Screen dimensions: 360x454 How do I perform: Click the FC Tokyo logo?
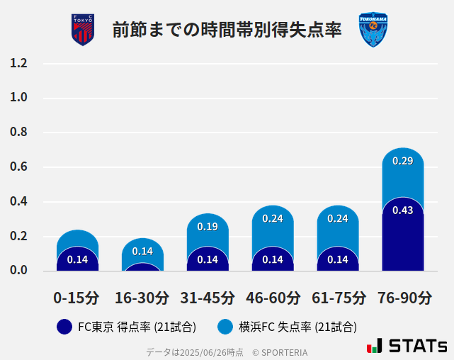(x=83, y=30)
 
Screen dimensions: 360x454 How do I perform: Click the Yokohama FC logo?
(x=373, y=30)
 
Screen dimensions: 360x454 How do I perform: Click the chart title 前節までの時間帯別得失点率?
(x=227, y=30)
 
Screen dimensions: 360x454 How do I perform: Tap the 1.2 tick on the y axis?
(x=18, y=63)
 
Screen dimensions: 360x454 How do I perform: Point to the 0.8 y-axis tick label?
(x=18, y=132)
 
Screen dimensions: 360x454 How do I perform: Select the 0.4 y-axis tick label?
(x=18, y=201)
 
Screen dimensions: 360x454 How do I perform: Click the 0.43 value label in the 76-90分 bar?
(x=402, y=210)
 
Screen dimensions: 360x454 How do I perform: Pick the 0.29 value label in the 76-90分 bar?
(x=402, y=161)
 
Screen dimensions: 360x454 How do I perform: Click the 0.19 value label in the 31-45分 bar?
(x=208, y=227)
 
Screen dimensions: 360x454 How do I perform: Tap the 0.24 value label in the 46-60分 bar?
(x=273, y=218)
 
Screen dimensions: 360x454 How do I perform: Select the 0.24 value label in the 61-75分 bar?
(x=338, y=218)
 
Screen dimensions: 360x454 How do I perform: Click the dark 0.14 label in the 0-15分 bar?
(x=77, y=259)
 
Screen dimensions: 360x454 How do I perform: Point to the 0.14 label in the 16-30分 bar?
(x=142, y=251)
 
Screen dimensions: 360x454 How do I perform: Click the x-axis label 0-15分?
(x=76, y=298)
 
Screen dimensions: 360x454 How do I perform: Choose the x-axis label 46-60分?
(x=273, y=298)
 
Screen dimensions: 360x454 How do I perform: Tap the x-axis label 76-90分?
(x=403, y=298)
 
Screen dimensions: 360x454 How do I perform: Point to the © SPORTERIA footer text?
(x=280, y=352)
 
